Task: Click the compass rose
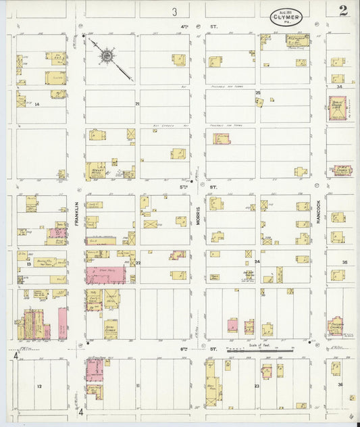107,54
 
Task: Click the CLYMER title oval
286,17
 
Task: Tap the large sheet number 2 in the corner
344,10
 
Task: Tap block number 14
37,104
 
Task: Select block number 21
137,104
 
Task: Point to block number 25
257,93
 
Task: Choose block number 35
344,262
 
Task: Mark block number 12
39,386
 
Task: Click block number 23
257,386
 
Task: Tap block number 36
341,386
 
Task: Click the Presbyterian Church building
336,324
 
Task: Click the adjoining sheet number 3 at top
174,11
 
